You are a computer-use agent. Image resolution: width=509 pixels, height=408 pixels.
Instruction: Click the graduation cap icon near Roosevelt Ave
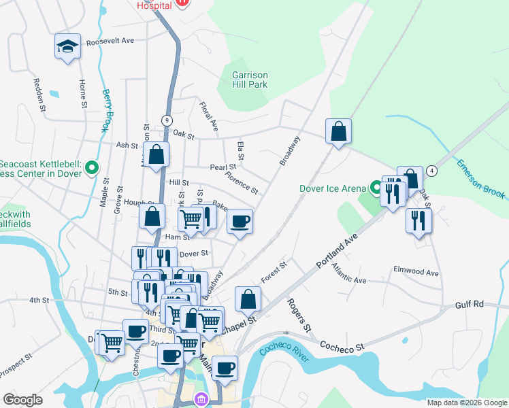tap(67, 46)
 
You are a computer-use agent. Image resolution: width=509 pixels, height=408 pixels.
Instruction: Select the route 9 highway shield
tap(167, 120)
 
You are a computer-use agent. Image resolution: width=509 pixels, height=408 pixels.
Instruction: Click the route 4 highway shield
tap(431, 170)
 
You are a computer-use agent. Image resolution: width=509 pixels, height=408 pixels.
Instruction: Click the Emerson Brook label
tap(480, 179)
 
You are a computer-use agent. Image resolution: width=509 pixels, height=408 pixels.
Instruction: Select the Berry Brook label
tap(106, 111)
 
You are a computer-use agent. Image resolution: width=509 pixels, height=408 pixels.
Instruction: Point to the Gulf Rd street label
tap(469, 304)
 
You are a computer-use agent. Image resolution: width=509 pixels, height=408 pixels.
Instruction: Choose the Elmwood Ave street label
tap(416, 272)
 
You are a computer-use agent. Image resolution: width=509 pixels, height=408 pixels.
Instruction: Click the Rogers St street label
tap(299, 315)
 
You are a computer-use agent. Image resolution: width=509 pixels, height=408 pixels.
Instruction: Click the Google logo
tap(22, 400)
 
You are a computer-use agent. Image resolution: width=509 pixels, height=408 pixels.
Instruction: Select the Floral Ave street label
tap(209, 116)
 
